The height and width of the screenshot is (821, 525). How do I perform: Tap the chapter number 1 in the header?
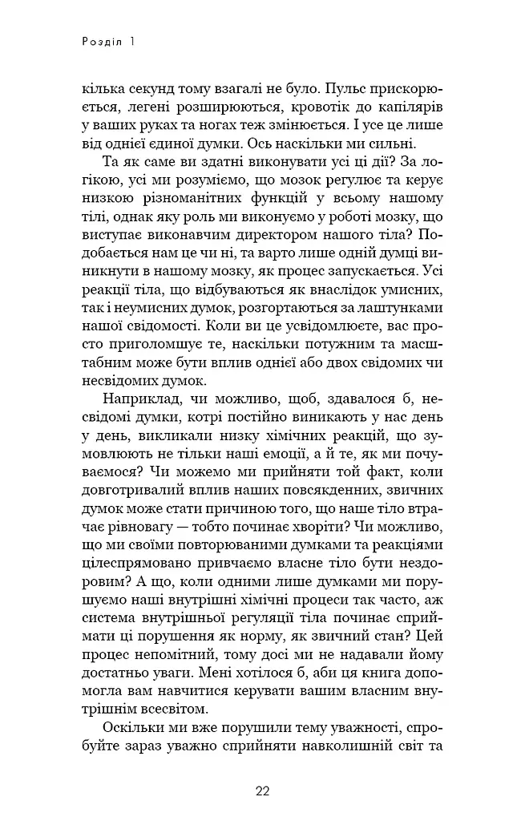coord(129,39)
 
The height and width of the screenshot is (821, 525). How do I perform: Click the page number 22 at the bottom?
coord(262,791)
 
